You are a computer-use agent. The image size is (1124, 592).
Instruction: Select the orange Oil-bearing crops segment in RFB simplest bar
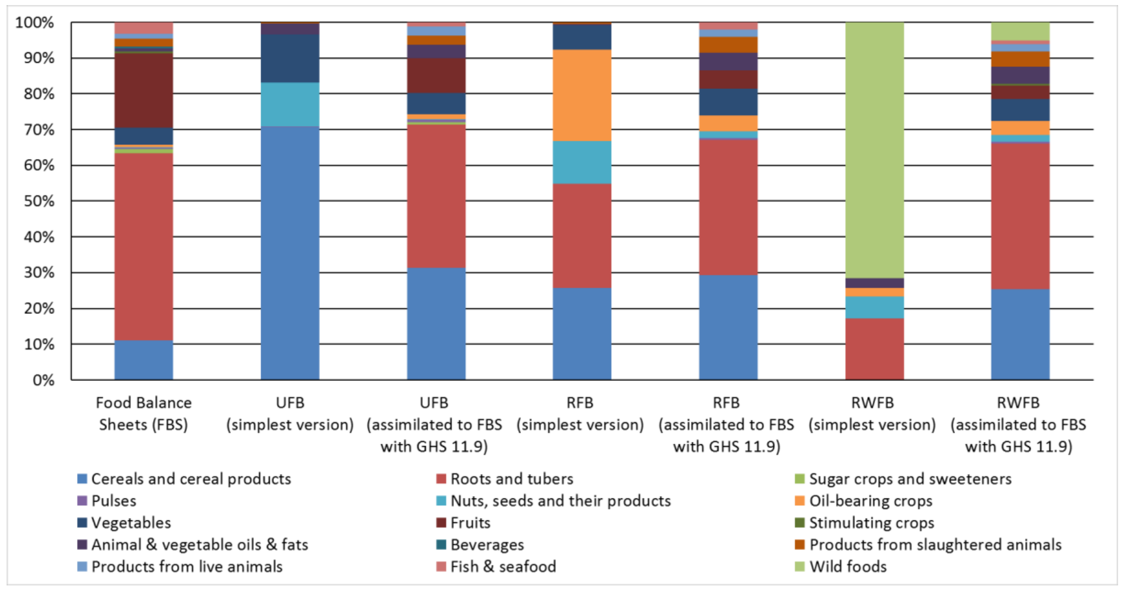582,95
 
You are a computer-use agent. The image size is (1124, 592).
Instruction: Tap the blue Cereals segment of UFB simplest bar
290,253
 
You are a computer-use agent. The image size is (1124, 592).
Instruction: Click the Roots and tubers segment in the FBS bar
143,246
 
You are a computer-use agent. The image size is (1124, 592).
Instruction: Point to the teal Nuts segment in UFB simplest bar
290,104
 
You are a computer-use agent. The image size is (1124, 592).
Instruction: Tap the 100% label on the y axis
35,22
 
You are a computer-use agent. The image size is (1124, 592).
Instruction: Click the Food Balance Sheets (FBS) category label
143,413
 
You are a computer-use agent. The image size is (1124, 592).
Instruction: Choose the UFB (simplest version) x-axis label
290,413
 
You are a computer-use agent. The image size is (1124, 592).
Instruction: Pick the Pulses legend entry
113,501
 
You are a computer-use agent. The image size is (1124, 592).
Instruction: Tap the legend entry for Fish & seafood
503,566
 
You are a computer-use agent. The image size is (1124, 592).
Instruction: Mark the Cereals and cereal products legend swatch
82,479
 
